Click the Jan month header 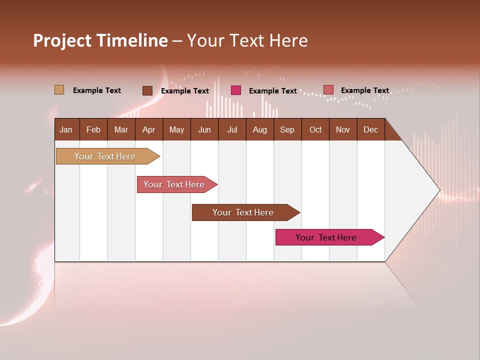coord(66,129)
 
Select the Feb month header coord(93,129)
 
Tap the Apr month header coord(148,129)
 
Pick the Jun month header coord(204,129)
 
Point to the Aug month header coord(259,129)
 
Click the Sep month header coord(287,129)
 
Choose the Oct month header coord(315,129)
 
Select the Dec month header coord(370,129)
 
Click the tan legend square coord(59,90)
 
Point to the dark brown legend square coord(147,90)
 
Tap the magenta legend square coord(236,90)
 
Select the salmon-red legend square coord(328,90)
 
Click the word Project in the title coord(62,40)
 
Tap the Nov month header coord(343,129)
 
